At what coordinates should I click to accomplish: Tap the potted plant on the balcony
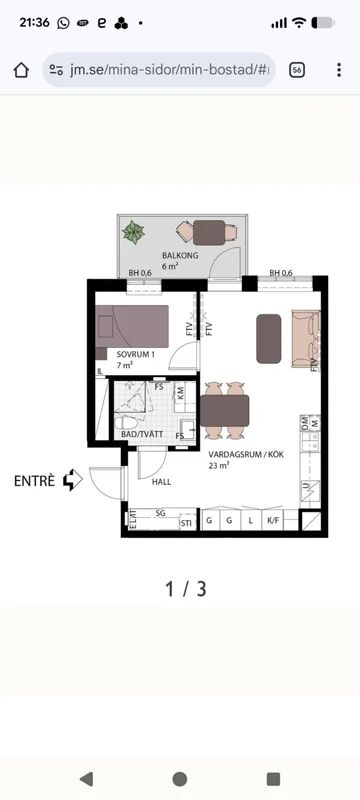coord(133,233)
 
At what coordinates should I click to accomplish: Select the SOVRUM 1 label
coord(135,354)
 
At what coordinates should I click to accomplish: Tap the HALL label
coord(162,482)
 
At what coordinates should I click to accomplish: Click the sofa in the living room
coord(303,337)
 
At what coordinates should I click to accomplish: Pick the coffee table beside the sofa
coord(269,338)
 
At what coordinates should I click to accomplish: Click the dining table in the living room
coord(224,411)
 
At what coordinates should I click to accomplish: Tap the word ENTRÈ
coord(34,480)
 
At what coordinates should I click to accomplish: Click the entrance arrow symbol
coord(72,481)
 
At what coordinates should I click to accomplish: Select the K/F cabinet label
coord(273,521)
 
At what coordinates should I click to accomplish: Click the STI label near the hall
coord(185,522)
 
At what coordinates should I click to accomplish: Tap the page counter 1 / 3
coord(186,588)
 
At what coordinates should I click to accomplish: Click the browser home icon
coord(21,69)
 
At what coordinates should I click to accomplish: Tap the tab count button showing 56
coord(297,69)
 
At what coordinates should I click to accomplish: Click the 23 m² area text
coord(219,465)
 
